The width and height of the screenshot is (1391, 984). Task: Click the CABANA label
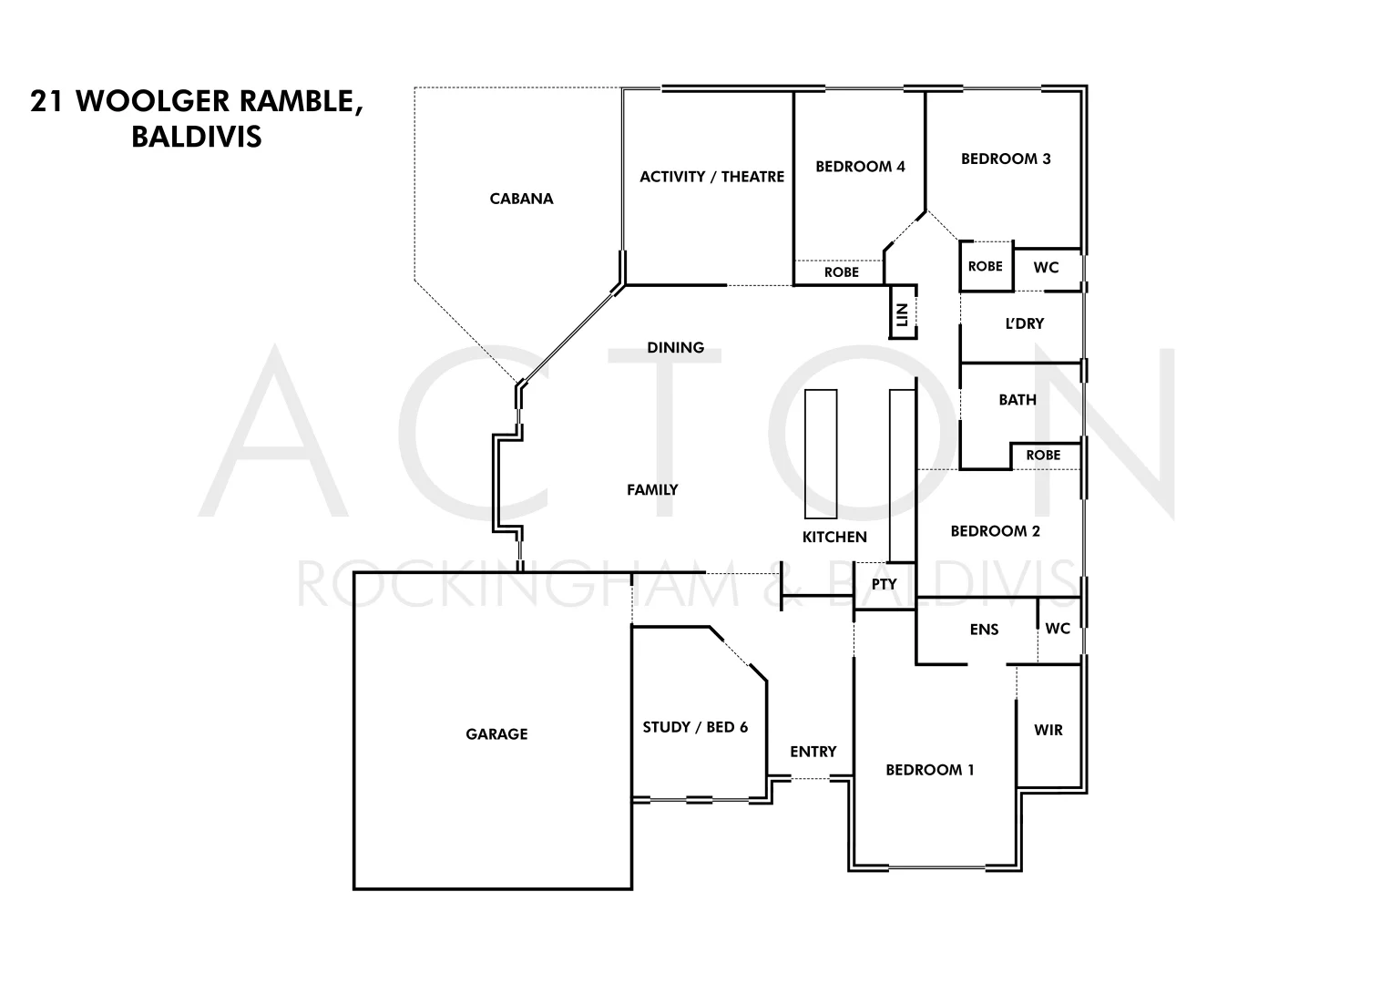(521, 199)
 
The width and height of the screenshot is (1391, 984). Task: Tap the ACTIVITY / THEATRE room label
(711, 177)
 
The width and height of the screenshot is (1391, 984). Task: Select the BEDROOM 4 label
(860, 167)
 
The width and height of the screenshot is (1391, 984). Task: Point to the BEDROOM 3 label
(1006, 159)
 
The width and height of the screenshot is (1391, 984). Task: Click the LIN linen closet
(903, 314)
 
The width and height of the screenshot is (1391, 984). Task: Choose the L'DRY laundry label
(1024, 324)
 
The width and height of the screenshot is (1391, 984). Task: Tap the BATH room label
(1017, 400)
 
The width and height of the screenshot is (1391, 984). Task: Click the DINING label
(675, 348)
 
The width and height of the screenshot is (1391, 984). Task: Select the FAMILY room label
(652, 490)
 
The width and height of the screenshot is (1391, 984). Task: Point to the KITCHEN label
(834, 538)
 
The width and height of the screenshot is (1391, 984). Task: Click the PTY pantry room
(884, 585)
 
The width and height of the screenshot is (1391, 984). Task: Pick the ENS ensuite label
(984, 630)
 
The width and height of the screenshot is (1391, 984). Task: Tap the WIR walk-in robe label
(1048, 731)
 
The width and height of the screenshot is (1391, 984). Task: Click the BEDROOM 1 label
(930, 771)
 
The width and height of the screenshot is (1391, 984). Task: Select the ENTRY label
(813, 752)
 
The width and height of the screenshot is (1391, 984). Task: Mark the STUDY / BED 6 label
(695, 727)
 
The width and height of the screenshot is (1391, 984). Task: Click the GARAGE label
(496, 734)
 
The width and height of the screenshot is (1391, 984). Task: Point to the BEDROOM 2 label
(995, 531)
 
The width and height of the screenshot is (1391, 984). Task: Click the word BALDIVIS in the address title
(197, 137)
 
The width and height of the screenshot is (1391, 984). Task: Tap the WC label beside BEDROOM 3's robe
(1046, 268)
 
